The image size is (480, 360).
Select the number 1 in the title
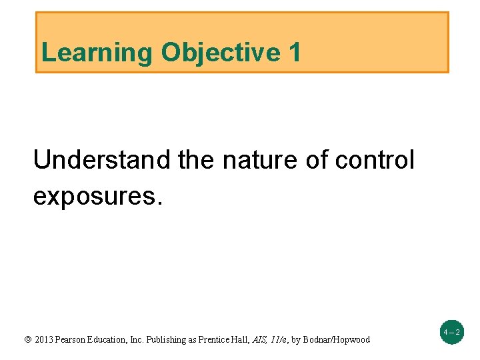[x=295, y=53]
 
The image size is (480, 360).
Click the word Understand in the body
[x=103, y=160]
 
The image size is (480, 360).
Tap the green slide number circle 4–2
[x=451, y=331]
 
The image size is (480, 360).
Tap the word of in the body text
[x=317, y=160]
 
